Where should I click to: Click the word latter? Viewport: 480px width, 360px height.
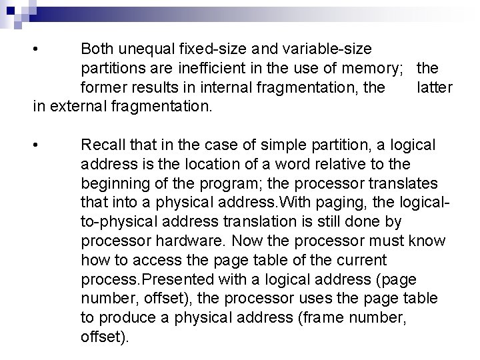[x=434, y=87]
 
